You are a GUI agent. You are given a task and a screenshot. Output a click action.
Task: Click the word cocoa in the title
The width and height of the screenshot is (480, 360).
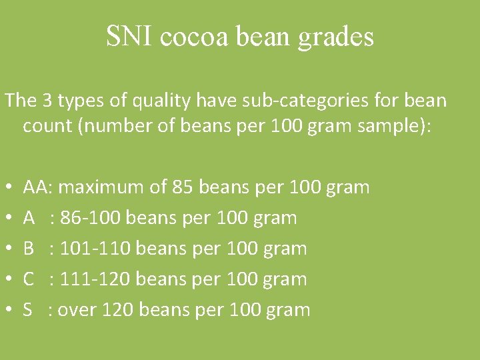196,37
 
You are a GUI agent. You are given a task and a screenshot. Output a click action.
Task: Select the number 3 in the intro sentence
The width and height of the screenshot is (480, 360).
49,101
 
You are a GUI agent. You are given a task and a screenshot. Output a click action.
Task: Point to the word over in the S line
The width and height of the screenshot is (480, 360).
77,310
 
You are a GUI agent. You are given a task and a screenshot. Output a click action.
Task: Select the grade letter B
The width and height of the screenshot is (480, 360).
29,249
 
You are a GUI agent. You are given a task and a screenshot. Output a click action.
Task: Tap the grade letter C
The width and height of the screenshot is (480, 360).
29,279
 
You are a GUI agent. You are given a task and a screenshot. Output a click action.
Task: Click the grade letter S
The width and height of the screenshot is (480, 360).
29,310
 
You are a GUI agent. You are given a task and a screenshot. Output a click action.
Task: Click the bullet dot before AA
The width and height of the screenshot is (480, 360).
7,188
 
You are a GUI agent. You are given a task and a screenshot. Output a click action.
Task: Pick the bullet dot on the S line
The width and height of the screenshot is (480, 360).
7,311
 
